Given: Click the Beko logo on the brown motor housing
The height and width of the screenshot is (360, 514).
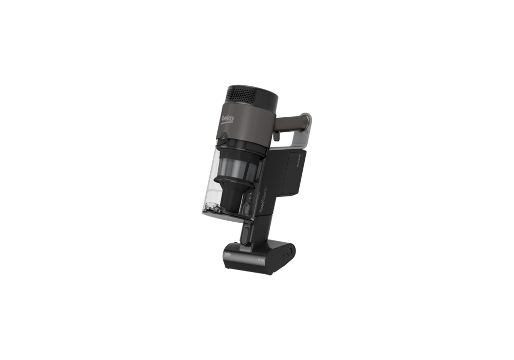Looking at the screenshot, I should pos(227,118).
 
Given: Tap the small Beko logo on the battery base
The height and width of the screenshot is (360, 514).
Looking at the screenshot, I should pos(229,255).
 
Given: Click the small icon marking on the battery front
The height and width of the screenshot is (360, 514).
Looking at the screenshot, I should pos(260,260).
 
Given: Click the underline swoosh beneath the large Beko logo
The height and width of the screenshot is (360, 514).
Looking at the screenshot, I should pos(226,124).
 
